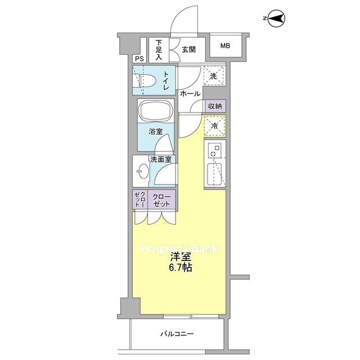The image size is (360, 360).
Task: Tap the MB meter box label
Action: (x=225, y=46)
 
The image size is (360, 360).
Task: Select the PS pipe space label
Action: (x=139, y=59)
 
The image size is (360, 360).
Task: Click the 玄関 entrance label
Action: (x=189, y=49)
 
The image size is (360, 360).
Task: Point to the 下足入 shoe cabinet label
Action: (x=159, y=50)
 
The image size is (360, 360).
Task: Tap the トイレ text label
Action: (x=166, y=80)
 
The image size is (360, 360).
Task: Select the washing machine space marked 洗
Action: (x=214, y=76)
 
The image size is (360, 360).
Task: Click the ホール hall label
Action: (x=190, y=94)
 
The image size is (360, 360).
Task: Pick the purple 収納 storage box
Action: (x=215, y=106)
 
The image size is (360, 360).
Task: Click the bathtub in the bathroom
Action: (x=156, y=111)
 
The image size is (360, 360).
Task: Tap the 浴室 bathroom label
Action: (x=156, y=132)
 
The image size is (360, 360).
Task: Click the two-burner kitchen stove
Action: (x=215, y=150)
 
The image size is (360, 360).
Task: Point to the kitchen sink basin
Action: (x=214, y=174)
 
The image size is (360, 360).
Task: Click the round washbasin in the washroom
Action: (x=142, y=171)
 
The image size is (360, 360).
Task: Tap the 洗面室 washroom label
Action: (x=161, y=159)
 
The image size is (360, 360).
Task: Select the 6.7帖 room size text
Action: (x=181, y=268)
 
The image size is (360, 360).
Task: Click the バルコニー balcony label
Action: (x=177, y=334)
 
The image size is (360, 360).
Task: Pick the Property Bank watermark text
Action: (x=180, y=249)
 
